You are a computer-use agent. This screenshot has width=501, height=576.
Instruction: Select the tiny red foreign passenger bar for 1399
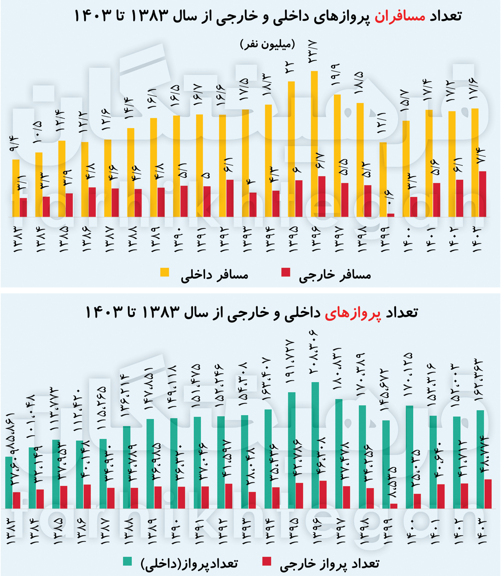[x=391, y=215]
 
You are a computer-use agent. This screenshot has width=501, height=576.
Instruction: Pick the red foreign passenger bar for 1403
[x=482, y=194]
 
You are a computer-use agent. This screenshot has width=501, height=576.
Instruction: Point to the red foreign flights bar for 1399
[x=393, y=506]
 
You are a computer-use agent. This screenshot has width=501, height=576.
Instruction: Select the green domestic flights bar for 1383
[x=9, y=483]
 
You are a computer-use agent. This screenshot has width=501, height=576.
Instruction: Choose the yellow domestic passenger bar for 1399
[x=383, y=180]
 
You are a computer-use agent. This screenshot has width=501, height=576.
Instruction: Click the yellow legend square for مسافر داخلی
[x=165, y=272]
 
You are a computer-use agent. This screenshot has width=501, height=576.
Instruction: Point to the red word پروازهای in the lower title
[x=353, y=313]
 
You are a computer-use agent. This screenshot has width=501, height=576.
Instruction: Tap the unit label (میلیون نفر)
[x=267, y=44]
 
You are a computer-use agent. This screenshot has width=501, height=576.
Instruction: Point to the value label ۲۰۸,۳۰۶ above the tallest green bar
[x=314, y=356]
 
